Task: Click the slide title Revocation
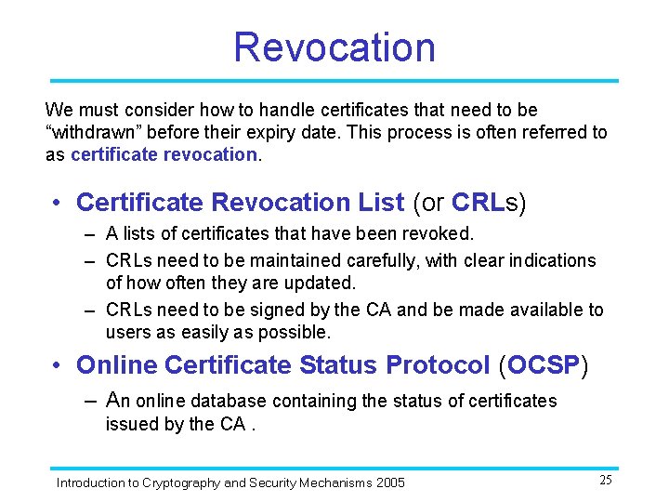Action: [334, 47]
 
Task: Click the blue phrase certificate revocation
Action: [164, 154]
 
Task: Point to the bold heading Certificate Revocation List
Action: [240, 203]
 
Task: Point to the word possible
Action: [296, 332]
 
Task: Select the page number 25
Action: [605, 481]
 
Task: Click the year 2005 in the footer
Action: [390, 482]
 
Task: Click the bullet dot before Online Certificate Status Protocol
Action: [59, 366]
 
